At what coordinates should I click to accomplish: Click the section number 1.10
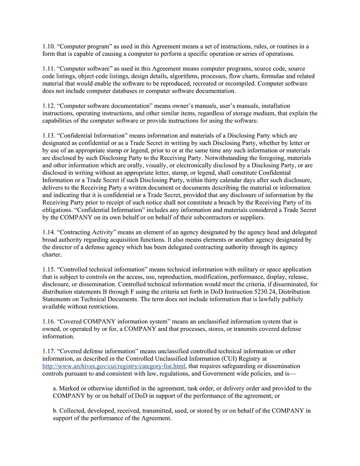48,47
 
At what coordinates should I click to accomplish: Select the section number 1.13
48,136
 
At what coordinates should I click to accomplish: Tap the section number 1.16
48,322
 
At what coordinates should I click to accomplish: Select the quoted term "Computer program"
84,47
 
